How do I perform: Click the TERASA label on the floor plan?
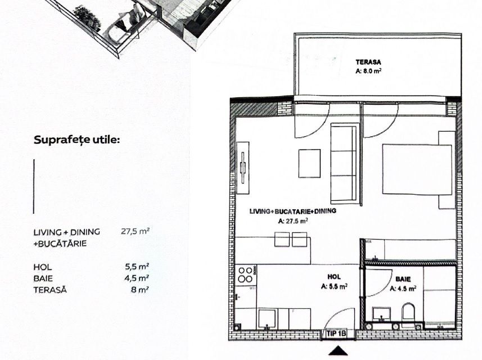368,62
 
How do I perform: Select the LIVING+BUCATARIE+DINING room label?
292,211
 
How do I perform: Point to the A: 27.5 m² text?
293,222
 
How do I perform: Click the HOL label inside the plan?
334,277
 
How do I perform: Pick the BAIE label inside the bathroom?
403,279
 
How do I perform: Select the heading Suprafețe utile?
77,139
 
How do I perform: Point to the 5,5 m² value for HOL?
137,267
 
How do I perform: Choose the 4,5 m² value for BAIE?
137,278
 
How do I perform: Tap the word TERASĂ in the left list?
50,289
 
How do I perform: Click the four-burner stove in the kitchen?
246,275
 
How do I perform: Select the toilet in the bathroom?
408,312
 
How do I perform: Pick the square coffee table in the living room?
309,163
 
